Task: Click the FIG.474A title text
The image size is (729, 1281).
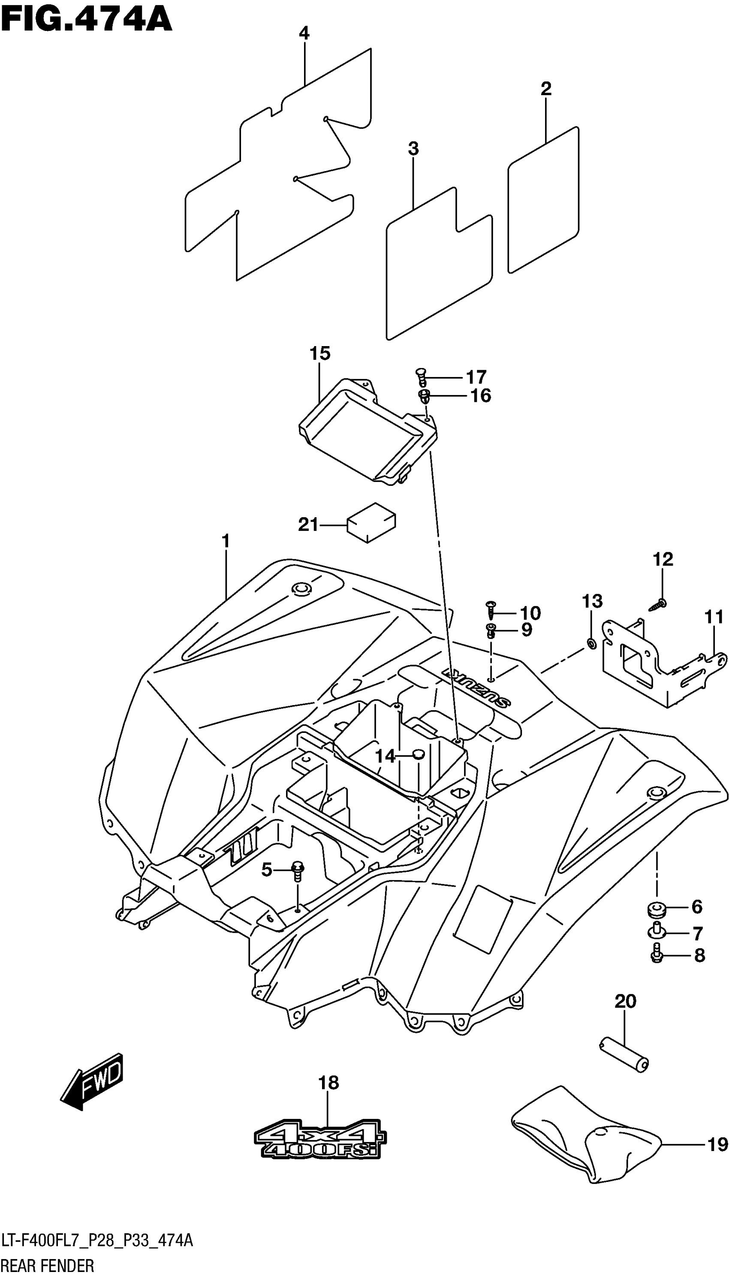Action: (x=86, y=20)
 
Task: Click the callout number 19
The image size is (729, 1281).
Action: (x=717, y=1144)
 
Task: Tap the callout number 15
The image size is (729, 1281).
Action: (x=319, y=353)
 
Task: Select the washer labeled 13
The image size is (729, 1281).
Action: (x=591, y=644)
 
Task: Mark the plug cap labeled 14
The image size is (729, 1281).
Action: (x=417, y=754)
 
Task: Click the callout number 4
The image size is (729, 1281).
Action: (x=304, y=34)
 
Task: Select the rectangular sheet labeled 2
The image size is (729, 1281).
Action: (x=543, y=200)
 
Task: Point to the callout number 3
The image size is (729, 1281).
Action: (x=413, y=149)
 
